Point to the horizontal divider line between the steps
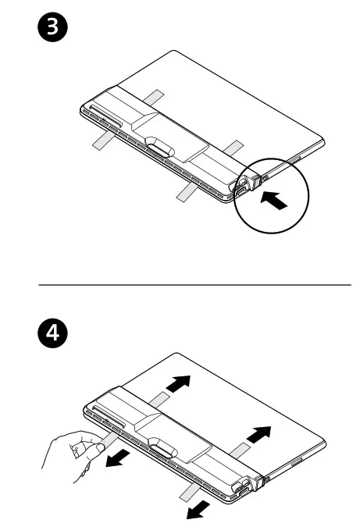tap(195, 285)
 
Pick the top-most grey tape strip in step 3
tap(154, 98)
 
